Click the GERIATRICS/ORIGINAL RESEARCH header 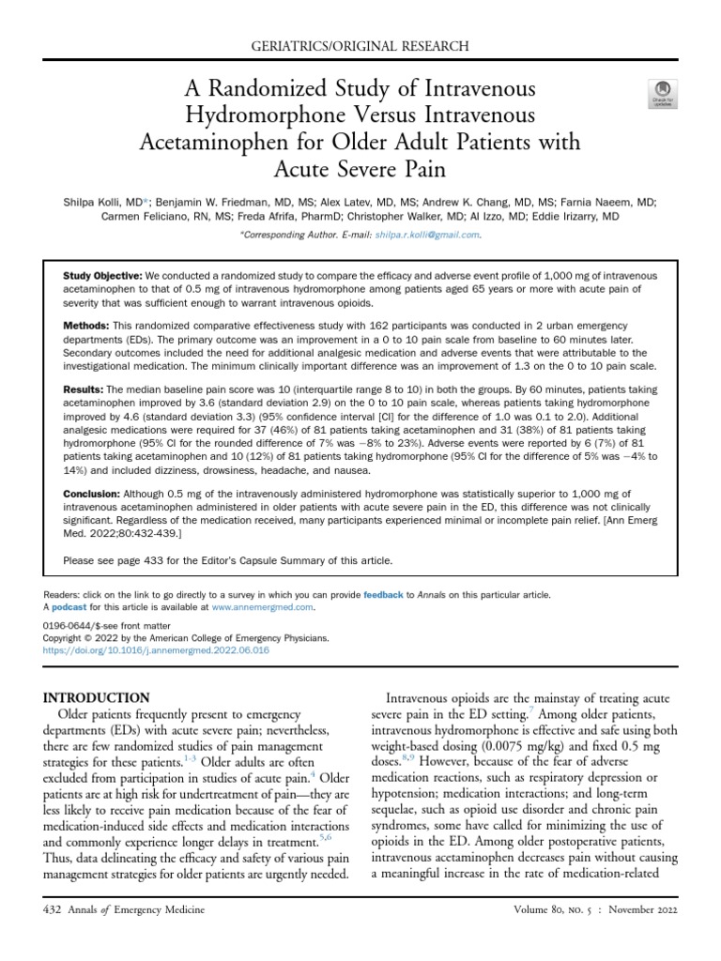pos(360,45)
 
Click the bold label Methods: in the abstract pos(87,323)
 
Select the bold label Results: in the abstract pos(84,389)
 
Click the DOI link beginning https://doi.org pos(157,648)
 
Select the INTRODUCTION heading pos(97,697)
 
